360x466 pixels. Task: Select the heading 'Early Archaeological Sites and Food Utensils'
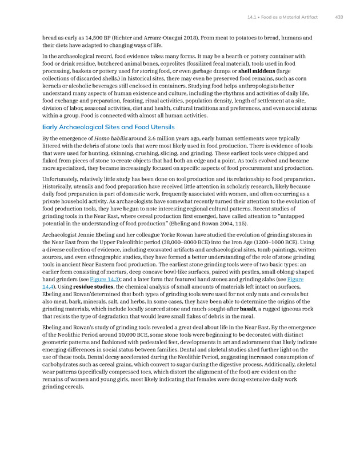point(109,127)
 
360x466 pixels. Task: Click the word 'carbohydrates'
point(63,362)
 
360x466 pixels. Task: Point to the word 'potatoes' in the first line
point(231,38)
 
